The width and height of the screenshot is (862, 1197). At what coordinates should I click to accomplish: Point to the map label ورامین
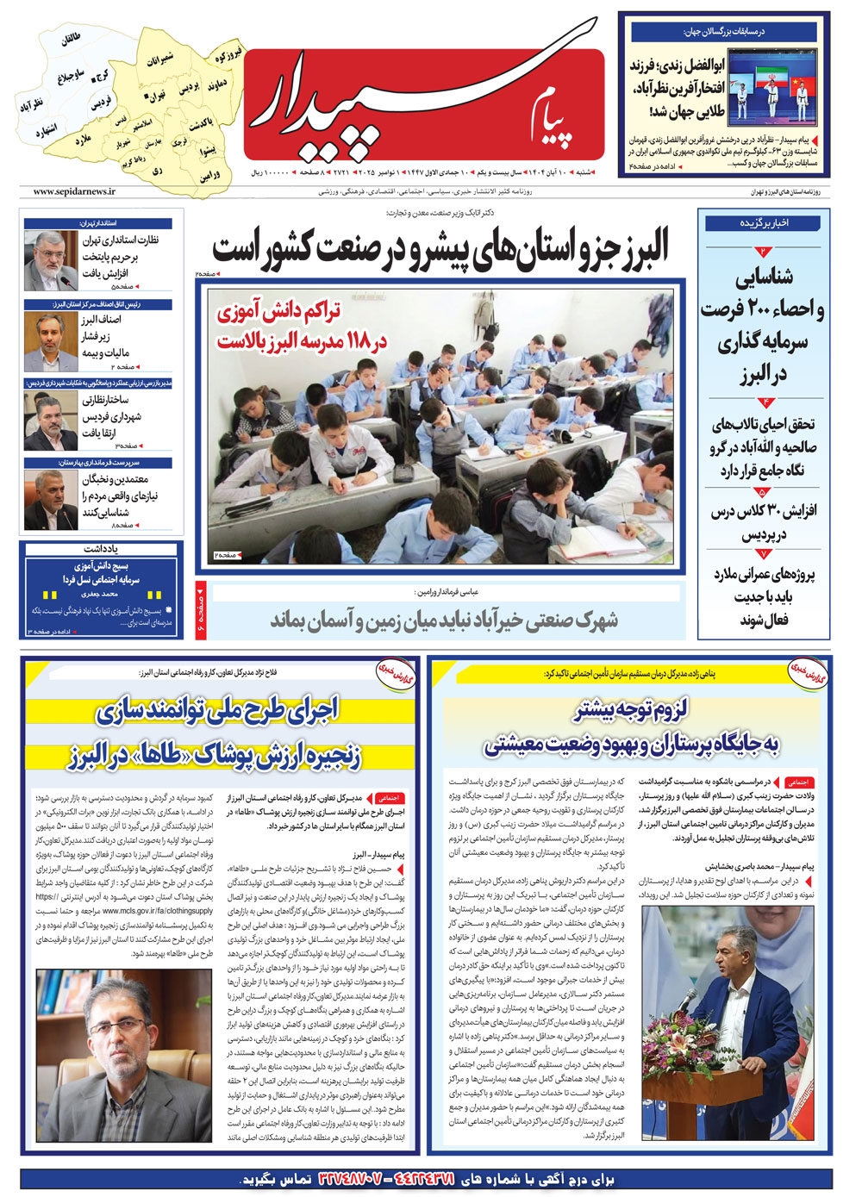[x=210, y=175]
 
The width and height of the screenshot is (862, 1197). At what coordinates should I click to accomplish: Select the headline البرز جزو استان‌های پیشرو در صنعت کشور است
[x=440, y=249]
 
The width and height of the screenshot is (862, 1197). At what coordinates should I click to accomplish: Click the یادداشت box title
[x=101, y=549]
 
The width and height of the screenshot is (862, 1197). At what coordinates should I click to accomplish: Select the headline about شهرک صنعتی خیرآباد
[x=444, y=620]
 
